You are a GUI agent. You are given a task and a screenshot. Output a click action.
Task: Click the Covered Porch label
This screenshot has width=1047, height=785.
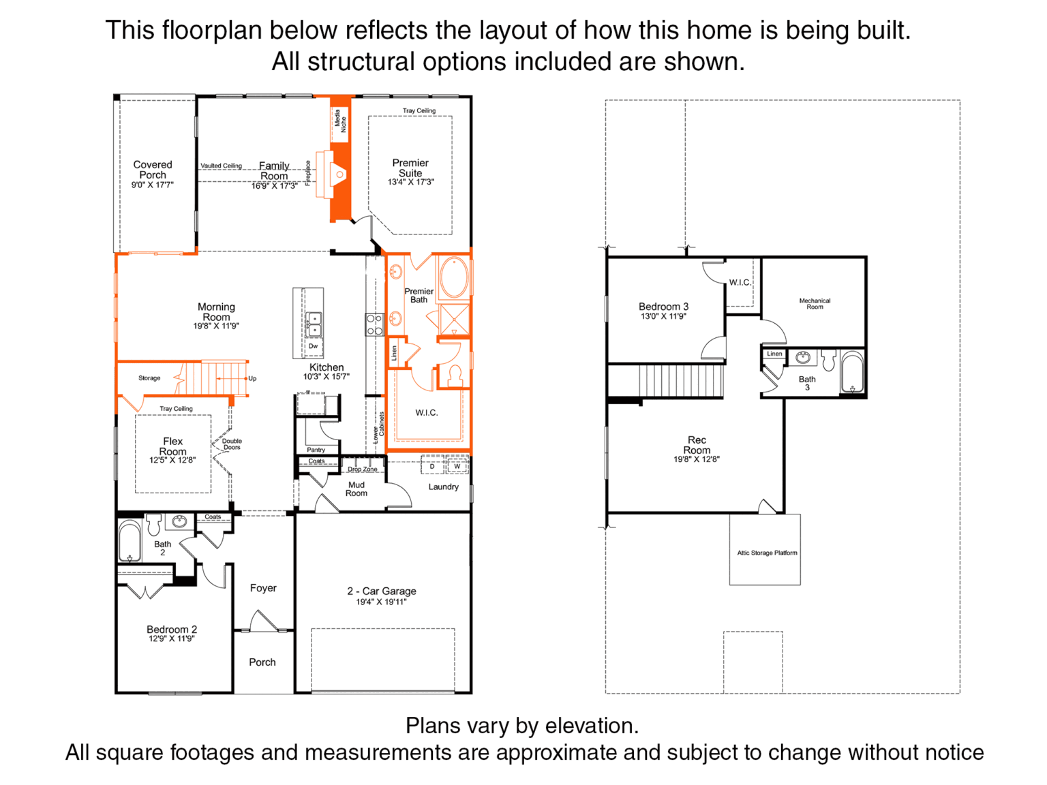tap(153, 170)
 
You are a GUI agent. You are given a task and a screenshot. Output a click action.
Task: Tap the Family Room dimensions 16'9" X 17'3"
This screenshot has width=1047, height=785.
tap(274, 185)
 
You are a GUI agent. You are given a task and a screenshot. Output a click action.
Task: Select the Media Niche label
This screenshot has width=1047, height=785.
tap(340, 121)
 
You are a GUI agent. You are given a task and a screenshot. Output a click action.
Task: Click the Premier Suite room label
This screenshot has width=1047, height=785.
tap(410, 168)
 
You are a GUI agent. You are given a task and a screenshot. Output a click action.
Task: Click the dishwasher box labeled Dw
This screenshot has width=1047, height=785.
tap(313, 346)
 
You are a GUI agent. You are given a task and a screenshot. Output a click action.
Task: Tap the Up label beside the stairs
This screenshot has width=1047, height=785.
tap(252, 378)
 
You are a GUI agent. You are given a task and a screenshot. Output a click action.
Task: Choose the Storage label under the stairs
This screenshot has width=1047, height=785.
tap(149, 378)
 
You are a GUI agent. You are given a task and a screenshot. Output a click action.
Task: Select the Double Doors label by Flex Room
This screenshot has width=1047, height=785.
tap(232, 444)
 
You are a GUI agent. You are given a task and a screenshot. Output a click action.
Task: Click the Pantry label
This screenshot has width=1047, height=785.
tap(316, 450)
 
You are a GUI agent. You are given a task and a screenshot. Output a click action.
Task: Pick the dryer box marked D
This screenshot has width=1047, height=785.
tap(432, 466)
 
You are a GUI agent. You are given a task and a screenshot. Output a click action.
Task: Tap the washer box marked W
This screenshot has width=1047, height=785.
tap(457, 466)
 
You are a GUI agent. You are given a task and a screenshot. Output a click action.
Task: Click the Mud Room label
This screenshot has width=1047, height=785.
tap(356, 489)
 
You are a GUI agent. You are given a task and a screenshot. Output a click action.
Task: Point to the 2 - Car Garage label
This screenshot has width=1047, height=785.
tap(382, 591)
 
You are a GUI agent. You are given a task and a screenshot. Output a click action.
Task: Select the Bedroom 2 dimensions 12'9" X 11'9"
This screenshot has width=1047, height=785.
tap(172, 638)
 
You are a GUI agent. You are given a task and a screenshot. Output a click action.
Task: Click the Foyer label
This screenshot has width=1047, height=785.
tap(263, 587)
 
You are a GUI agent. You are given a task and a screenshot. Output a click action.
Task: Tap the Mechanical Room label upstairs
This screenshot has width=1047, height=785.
tap(815, 304)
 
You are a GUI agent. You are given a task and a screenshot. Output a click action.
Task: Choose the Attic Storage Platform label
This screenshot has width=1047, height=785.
tap(767, 553)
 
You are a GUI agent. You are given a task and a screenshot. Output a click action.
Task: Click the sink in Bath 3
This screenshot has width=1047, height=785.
tap(803, 358)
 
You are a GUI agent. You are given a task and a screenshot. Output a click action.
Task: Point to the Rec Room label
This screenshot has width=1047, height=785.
tap(697, 445)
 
